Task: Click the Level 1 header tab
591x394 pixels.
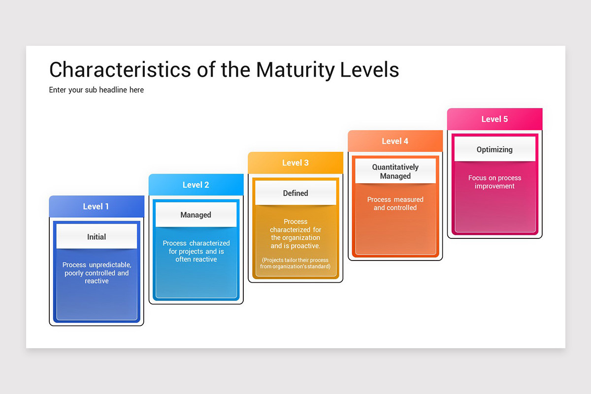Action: (97, 206)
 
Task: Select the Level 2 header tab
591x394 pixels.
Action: (196, 185)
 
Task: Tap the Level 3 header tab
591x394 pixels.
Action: (295, 163)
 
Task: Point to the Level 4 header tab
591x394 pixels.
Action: (395, 141)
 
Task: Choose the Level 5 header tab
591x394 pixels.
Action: (494, 119)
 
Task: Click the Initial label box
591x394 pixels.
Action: (97, 237)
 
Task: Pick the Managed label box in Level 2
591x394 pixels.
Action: (196, 215)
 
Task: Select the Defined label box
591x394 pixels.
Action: (295, 193)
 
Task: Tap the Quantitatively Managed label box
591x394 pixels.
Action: (395, 171)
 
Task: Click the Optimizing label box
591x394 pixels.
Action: (494, 149)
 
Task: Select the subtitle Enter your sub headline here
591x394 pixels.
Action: (97, 90)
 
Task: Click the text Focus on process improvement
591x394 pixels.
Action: (494, 182)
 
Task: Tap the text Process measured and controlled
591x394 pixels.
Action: (395, 204)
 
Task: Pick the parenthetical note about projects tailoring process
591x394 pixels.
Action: (295, 263)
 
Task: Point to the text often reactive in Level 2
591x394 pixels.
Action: (196, 260)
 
